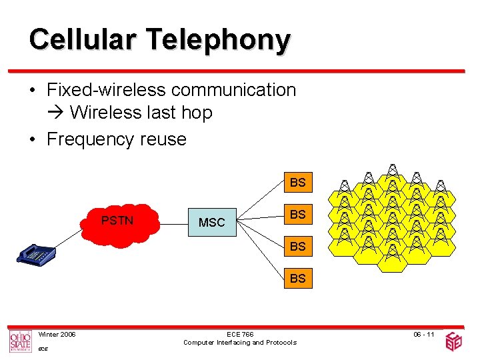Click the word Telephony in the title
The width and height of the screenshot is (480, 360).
[x=211, y=41]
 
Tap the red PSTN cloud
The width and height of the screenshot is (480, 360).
[x=118, y=222]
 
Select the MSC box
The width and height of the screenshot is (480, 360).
[x=212, y=222]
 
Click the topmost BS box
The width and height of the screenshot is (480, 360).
[x=297, y=182]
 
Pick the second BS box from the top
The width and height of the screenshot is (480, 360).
[x=297, y=214]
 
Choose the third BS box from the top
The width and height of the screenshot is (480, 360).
[x=297, y=246]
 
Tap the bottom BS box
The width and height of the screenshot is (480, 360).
[x=297, y=278]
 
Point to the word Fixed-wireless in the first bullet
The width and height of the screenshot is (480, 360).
[x=106, y=90]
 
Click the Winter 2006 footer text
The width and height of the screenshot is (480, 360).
[x=57, y=334]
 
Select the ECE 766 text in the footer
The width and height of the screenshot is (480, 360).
[x=239, y=334]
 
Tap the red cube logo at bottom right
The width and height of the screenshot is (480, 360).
[x=453, y=341]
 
